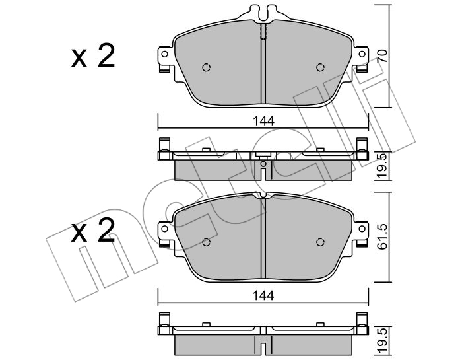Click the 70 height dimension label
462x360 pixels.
tap(382, 56)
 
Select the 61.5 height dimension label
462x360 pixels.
tap(382, 236)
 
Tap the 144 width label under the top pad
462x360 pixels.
tap(264, 121)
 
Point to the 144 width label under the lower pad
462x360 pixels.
tap(264, 295)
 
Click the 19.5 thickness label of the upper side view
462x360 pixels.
tap(382, 166)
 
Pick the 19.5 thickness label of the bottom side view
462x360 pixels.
tap(382, 341)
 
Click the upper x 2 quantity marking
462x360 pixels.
tap(93, 56)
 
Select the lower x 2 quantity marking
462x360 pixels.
tap(93, 231)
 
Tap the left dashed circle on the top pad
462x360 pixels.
tap(207, 67)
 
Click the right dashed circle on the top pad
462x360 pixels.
tap(320, 67)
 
